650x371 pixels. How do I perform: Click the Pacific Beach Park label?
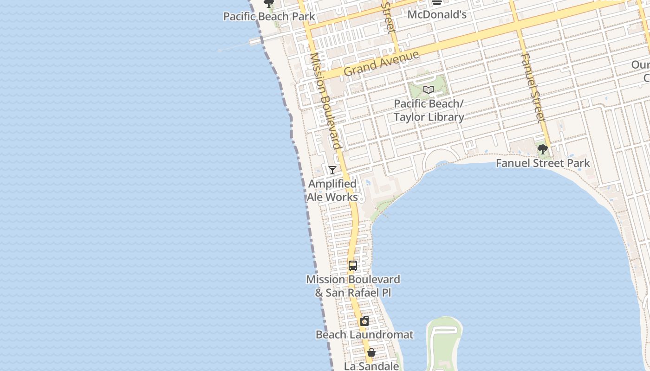pyautogui.click(x=269, y=17)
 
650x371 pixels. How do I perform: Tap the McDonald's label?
pyautogui.click(x=436, y=15)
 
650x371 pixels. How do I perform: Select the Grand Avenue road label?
pyautogui.click(x=381, y=64)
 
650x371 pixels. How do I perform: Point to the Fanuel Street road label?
pyautogui.click(x=532, y=88)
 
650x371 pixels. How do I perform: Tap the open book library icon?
pyautogui.click(x=428, y=90)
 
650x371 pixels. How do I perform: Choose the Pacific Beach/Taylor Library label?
pyautogui.click(x=429, y=110)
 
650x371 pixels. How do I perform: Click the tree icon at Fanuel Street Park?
pyautogui.click(x=542, y=149)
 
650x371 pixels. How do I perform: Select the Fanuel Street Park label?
pyautogui.click(x=543, y=163)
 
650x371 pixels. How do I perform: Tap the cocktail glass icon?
pyautogui.click(x=332, y=170)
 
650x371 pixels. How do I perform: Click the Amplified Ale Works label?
pyautogui.click(x=332, y=191)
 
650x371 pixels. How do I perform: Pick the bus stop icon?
pyautogui.click(x=353, y=266)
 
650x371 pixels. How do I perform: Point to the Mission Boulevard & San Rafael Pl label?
pyautogui.click(x=353, y=286)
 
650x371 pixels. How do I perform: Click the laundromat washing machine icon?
pyautogui.click(x=364, y=321)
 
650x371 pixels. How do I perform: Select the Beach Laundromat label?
pyautogui.click(x=364, y=335)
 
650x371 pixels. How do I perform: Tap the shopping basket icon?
pyautogui.click(x=371, y=352)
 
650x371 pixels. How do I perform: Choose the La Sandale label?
pyautogui.click(x=371, y=366)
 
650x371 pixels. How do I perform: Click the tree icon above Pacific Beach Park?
pyautogui.click(x=269, y=3)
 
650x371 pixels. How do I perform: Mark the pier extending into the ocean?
pyautogui.click(x=237, y=46)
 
